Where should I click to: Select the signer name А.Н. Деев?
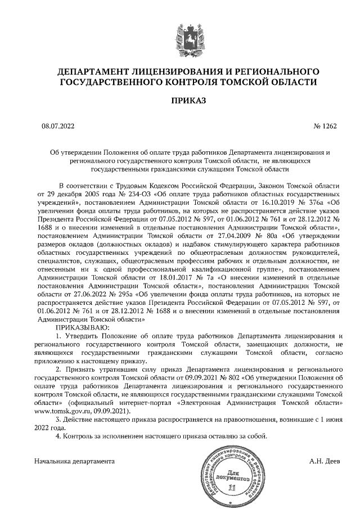(325, 461)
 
